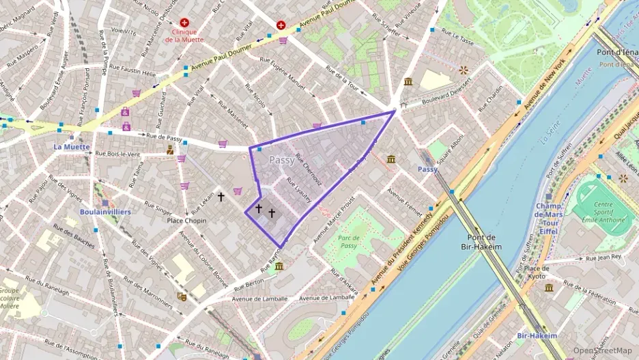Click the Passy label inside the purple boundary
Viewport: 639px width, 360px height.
[282, 161]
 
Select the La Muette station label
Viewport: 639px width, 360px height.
[68, 146]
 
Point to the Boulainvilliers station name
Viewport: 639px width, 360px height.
[105, 212]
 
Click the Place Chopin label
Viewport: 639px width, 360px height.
[186, 221]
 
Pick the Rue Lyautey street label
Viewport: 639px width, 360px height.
[298, 189]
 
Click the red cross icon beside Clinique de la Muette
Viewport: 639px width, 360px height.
[184, 23]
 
